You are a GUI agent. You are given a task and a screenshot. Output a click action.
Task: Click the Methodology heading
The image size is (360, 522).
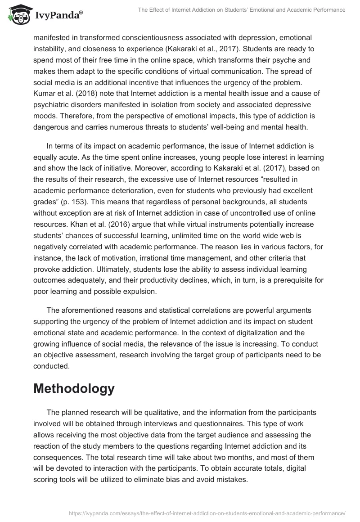[74, 388]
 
